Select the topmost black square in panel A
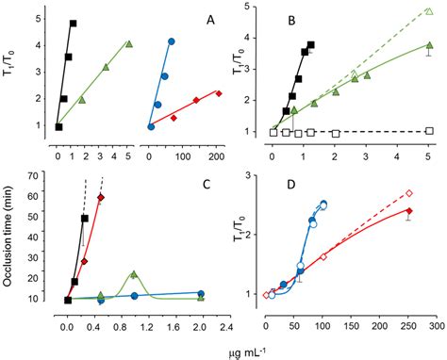[x=74, y=23]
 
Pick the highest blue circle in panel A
[x=171, y=41]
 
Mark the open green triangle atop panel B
[x=429, y=11]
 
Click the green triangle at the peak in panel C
[x=134, y=274]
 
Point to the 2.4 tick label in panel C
[x=227, y=318]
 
